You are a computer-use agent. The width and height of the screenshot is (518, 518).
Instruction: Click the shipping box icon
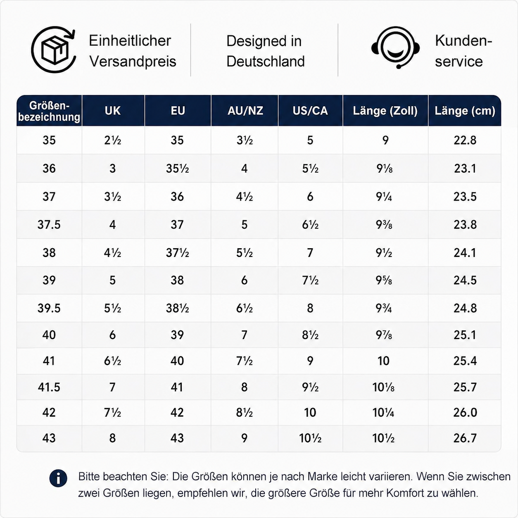pyautogui.click(x=53, y=50)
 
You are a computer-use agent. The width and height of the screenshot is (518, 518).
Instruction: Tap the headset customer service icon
pyautogui.click(x=395, y=48)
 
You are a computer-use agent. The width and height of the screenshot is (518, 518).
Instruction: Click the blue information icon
pyautogui.click(x=58, y=486)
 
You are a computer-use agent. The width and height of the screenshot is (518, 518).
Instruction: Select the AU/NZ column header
pyautogui.click(x=245, y=111)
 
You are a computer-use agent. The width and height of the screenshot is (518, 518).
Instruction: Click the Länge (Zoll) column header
pyautogui.click(x=385, y=111)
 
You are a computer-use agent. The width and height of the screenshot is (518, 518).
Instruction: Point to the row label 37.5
pyautogui.click(x=49, y=224)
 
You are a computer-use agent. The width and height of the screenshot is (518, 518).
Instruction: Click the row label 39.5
pyautogui.click(x=49, y=308)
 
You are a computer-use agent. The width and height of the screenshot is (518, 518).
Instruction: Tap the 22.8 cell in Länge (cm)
pyautogui.click(x=465, y=140)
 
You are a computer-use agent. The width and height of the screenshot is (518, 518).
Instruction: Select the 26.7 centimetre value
pyautogui.click(x=465, y=438)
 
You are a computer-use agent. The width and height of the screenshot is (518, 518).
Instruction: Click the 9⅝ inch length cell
pyautogui.click(x=384, y=280)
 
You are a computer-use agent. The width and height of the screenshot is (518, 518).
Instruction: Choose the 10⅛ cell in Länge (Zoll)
pyautogui.click(x=383, y=387)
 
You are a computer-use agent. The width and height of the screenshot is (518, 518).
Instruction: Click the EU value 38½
pyautogui.click(x=177, y=308)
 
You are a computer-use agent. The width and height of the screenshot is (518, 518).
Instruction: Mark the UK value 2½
pyautogui.click(x=113, y=140)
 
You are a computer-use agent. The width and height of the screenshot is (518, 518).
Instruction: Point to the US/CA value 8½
pyautogui.click(x=310, y=335)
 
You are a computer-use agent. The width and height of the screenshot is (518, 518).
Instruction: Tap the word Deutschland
pyautogui.click(x=266, y=62)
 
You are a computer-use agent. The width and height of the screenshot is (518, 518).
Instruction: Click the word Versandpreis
pyautogui.click(x=133, y=62)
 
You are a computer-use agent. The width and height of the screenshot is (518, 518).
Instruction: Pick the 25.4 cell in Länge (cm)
pyautogui.click(x=465, y=361)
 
